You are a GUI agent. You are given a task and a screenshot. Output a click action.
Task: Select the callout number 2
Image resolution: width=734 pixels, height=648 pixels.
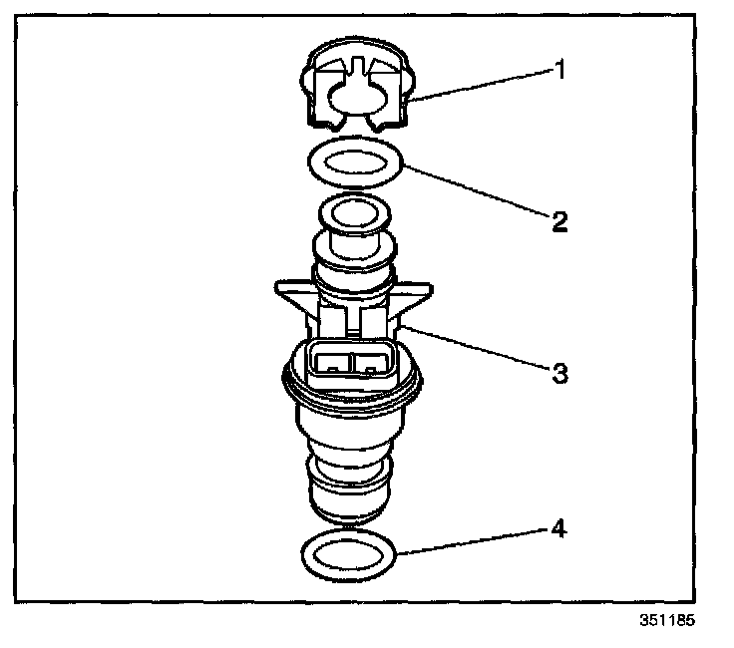(559, 221)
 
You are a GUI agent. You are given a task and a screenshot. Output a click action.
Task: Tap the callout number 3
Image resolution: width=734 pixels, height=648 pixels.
(559, 374)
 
